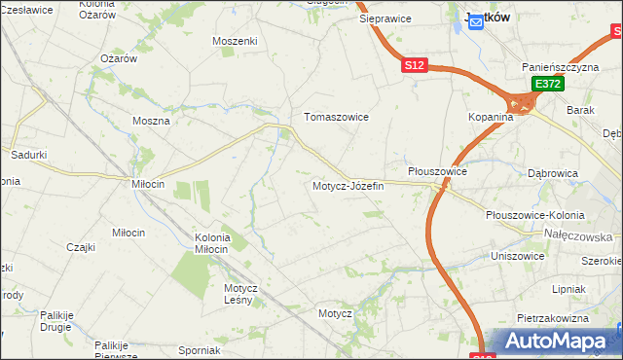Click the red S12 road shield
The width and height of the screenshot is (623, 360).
414,65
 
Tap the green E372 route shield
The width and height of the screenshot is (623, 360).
547,86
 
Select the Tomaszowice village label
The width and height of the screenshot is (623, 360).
336,117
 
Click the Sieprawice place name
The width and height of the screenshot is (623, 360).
385,18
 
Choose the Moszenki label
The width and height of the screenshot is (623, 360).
235,41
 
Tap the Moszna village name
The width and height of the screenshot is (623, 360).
151,122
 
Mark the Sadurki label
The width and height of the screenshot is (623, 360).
29,155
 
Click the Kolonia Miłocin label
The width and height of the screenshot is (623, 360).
212,243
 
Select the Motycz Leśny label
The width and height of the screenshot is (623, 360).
239,294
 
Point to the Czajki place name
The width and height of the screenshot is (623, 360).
81,247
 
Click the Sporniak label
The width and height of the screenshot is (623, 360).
200,350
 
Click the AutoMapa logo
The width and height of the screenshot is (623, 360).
556,342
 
